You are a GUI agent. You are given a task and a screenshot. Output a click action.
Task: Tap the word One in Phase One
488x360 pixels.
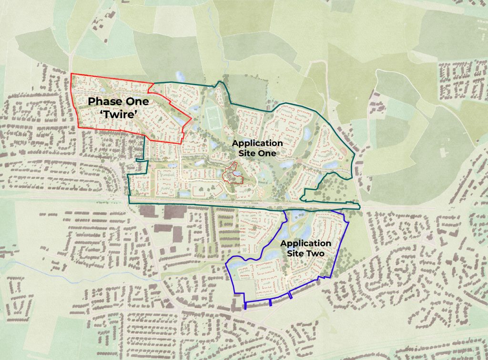(137, 102)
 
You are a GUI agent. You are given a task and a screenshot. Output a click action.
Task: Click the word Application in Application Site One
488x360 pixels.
(257, 143)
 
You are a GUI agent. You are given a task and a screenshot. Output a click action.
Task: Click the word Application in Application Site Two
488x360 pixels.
(305, 243)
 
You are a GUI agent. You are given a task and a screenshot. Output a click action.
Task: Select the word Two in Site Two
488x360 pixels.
(315, 254)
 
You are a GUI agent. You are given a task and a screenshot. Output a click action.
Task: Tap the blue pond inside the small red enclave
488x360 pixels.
(230, 175)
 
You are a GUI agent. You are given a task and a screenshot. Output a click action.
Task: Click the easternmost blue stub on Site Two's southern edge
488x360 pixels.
(290, 296)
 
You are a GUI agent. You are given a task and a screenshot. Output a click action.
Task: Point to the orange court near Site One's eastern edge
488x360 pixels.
(344, 151)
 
